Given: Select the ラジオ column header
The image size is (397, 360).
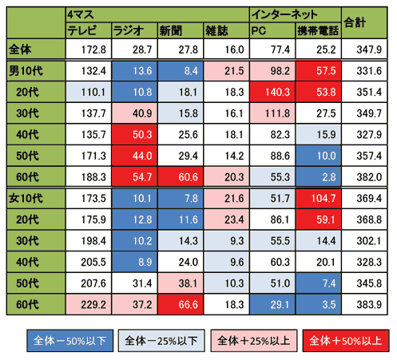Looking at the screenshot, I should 129,30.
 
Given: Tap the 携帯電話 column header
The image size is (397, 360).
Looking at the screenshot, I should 316,30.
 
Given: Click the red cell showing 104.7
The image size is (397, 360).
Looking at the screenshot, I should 317,196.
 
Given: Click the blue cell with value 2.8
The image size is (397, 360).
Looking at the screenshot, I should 317,175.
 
